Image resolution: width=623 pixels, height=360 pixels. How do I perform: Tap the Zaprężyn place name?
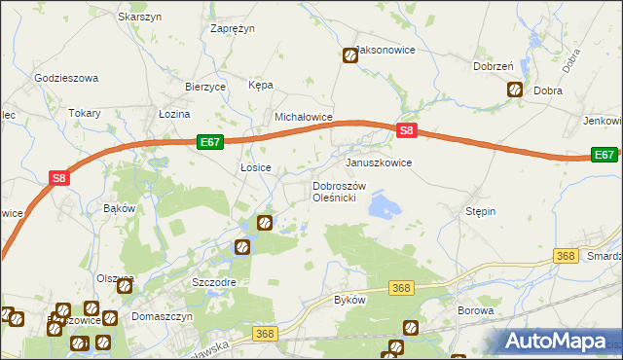pos(233,29)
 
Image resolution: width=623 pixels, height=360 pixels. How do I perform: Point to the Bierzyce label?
pos(205,87)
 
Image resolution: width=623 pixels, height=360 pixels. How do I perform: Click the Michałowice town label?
pos(304,117)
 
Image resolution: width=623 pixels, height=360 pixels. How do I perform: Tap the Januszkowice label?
pos(379,162)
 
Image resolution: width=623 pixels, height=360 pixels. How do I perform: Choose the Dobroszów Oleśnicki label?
pos(338,192)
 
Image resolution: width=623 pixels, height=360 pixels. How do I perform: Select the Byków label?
pos(349,300)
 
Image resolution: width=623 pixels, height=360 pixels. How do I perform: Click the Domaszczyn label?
pos(160,317)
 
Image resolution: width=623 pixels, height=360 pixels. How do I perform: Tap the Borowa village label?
pos(476,311)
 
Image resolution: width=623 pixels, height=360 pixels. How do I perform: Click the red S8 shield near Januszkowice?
pos(409,131)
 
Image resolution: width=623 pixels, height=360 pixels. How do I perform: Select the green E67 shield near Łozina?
pos(210,142)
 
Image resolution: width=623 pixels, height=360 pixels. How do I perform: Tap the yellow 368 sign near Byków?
pos(401,288)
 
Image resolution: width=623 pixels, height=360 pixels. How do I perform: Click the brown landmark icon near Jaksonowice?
pos(349,55)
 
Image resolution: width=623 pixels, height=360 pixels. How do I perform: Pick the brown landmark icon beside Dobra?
pos(515,90)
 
